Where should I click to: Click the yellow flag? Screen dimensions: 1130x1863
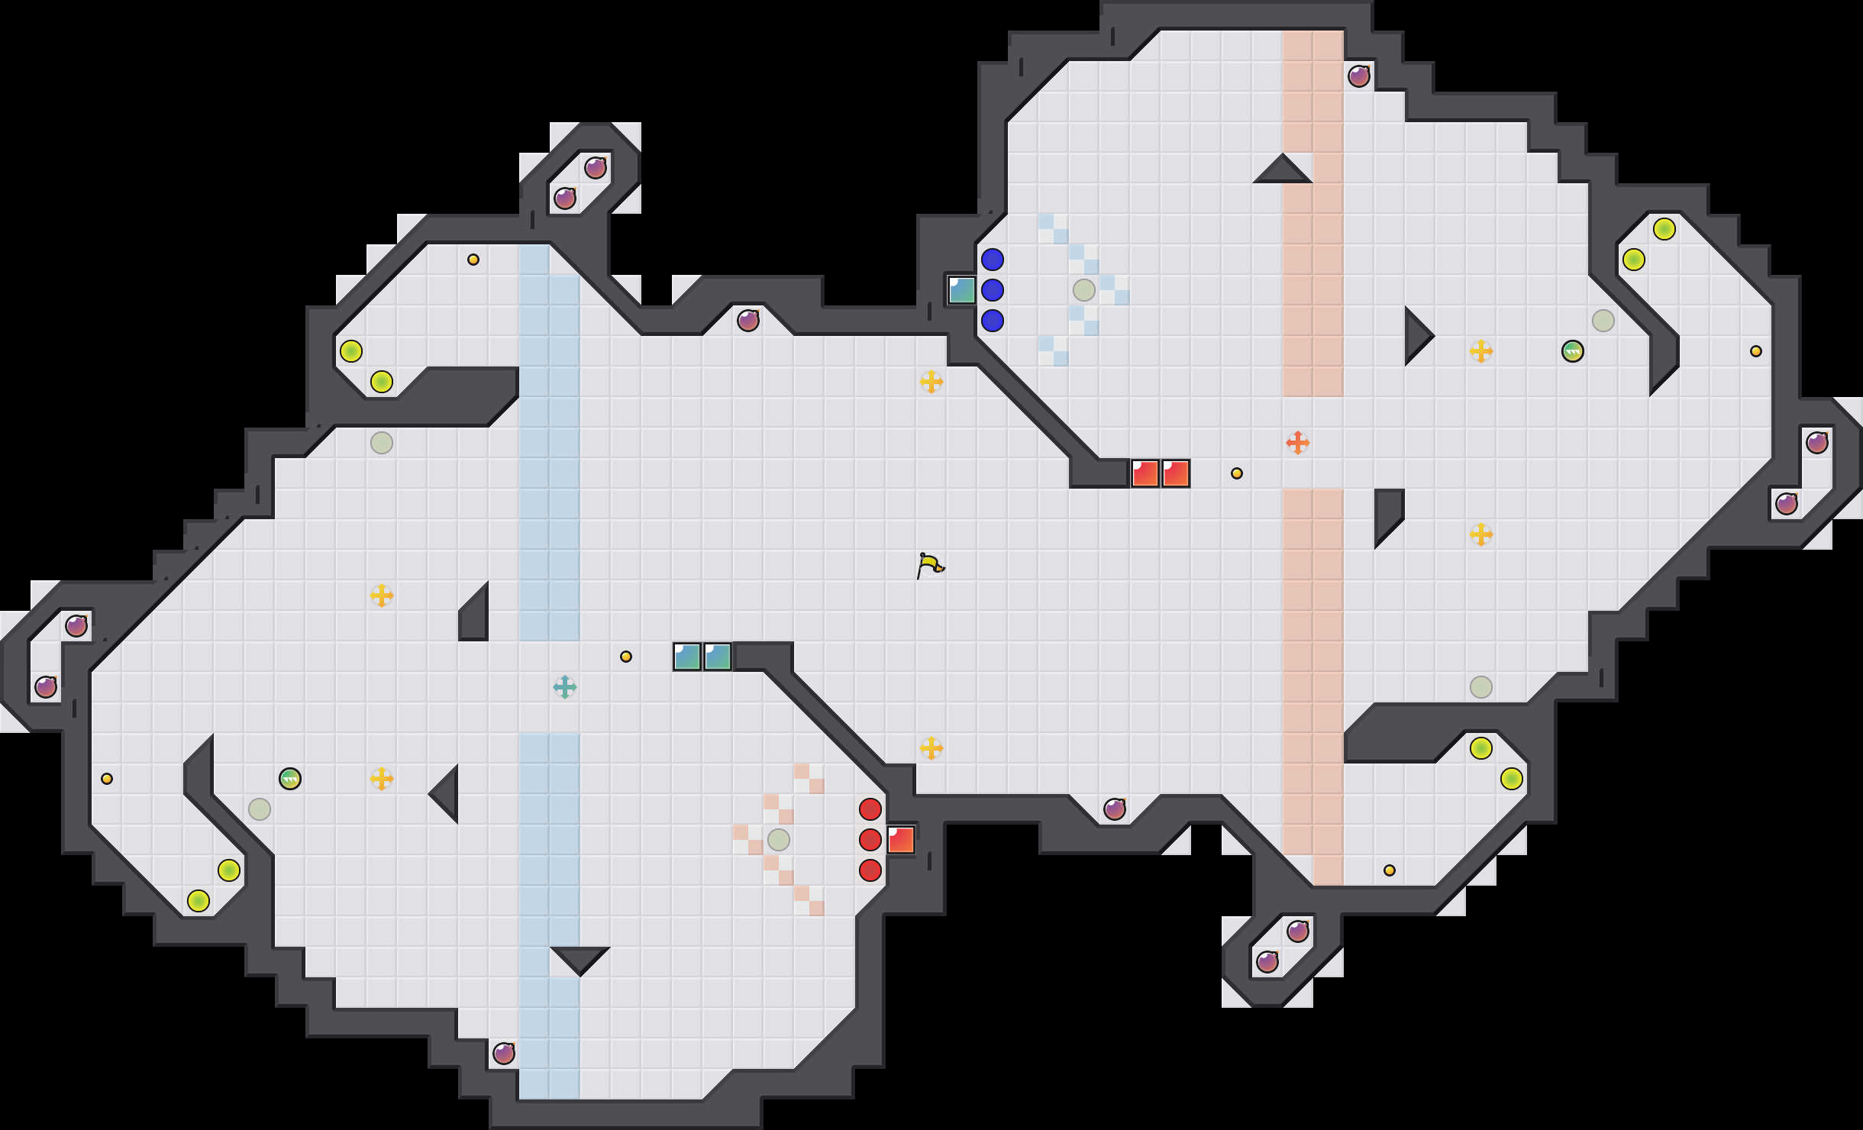point(929,566)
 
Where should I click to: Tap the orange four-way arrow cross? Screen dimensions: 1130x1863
point(1297,443)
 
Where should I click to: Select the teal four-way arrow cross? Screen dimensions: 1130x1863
point(564,687)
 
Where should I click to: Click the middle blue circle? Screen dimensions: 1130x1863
point(992,290)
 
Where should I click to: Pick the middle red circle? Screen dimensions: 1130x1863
point(870,840)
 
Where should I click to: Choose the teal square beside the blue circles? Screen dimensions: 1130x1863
point(961,290)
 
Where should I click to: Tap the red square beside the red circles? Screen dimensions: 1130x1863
point(900,840)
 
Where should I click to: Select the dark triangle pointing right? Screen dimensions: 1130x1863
point(1416,336)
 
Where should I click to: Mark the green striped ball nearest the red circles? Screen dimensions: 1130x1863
point(289,779)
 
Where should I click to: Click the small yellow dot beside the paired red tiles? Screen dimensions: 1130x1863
point(1236,473)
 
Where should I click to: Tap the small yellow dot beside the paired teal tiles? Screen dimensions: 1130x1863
point(625,657)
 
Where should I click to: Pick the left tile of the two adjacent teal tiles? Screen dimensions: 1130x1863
point(686,657)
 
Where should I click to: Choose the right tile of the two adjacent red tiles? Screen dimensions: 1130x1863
point(1175,473)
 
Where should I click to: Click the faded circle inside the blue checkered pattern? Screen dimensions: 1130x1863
point(1083,290)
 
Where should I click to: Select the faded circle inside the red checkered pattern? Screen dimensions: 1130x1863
point(778,840)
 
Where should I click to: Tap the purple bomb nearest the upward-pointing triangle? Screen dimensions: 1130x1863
point(1358,76)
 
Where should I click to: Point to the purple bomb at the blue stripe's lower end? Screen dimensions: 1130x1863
point(503,1054)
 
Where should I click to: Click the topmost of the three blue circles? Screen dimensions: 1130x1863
point(992,260)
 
